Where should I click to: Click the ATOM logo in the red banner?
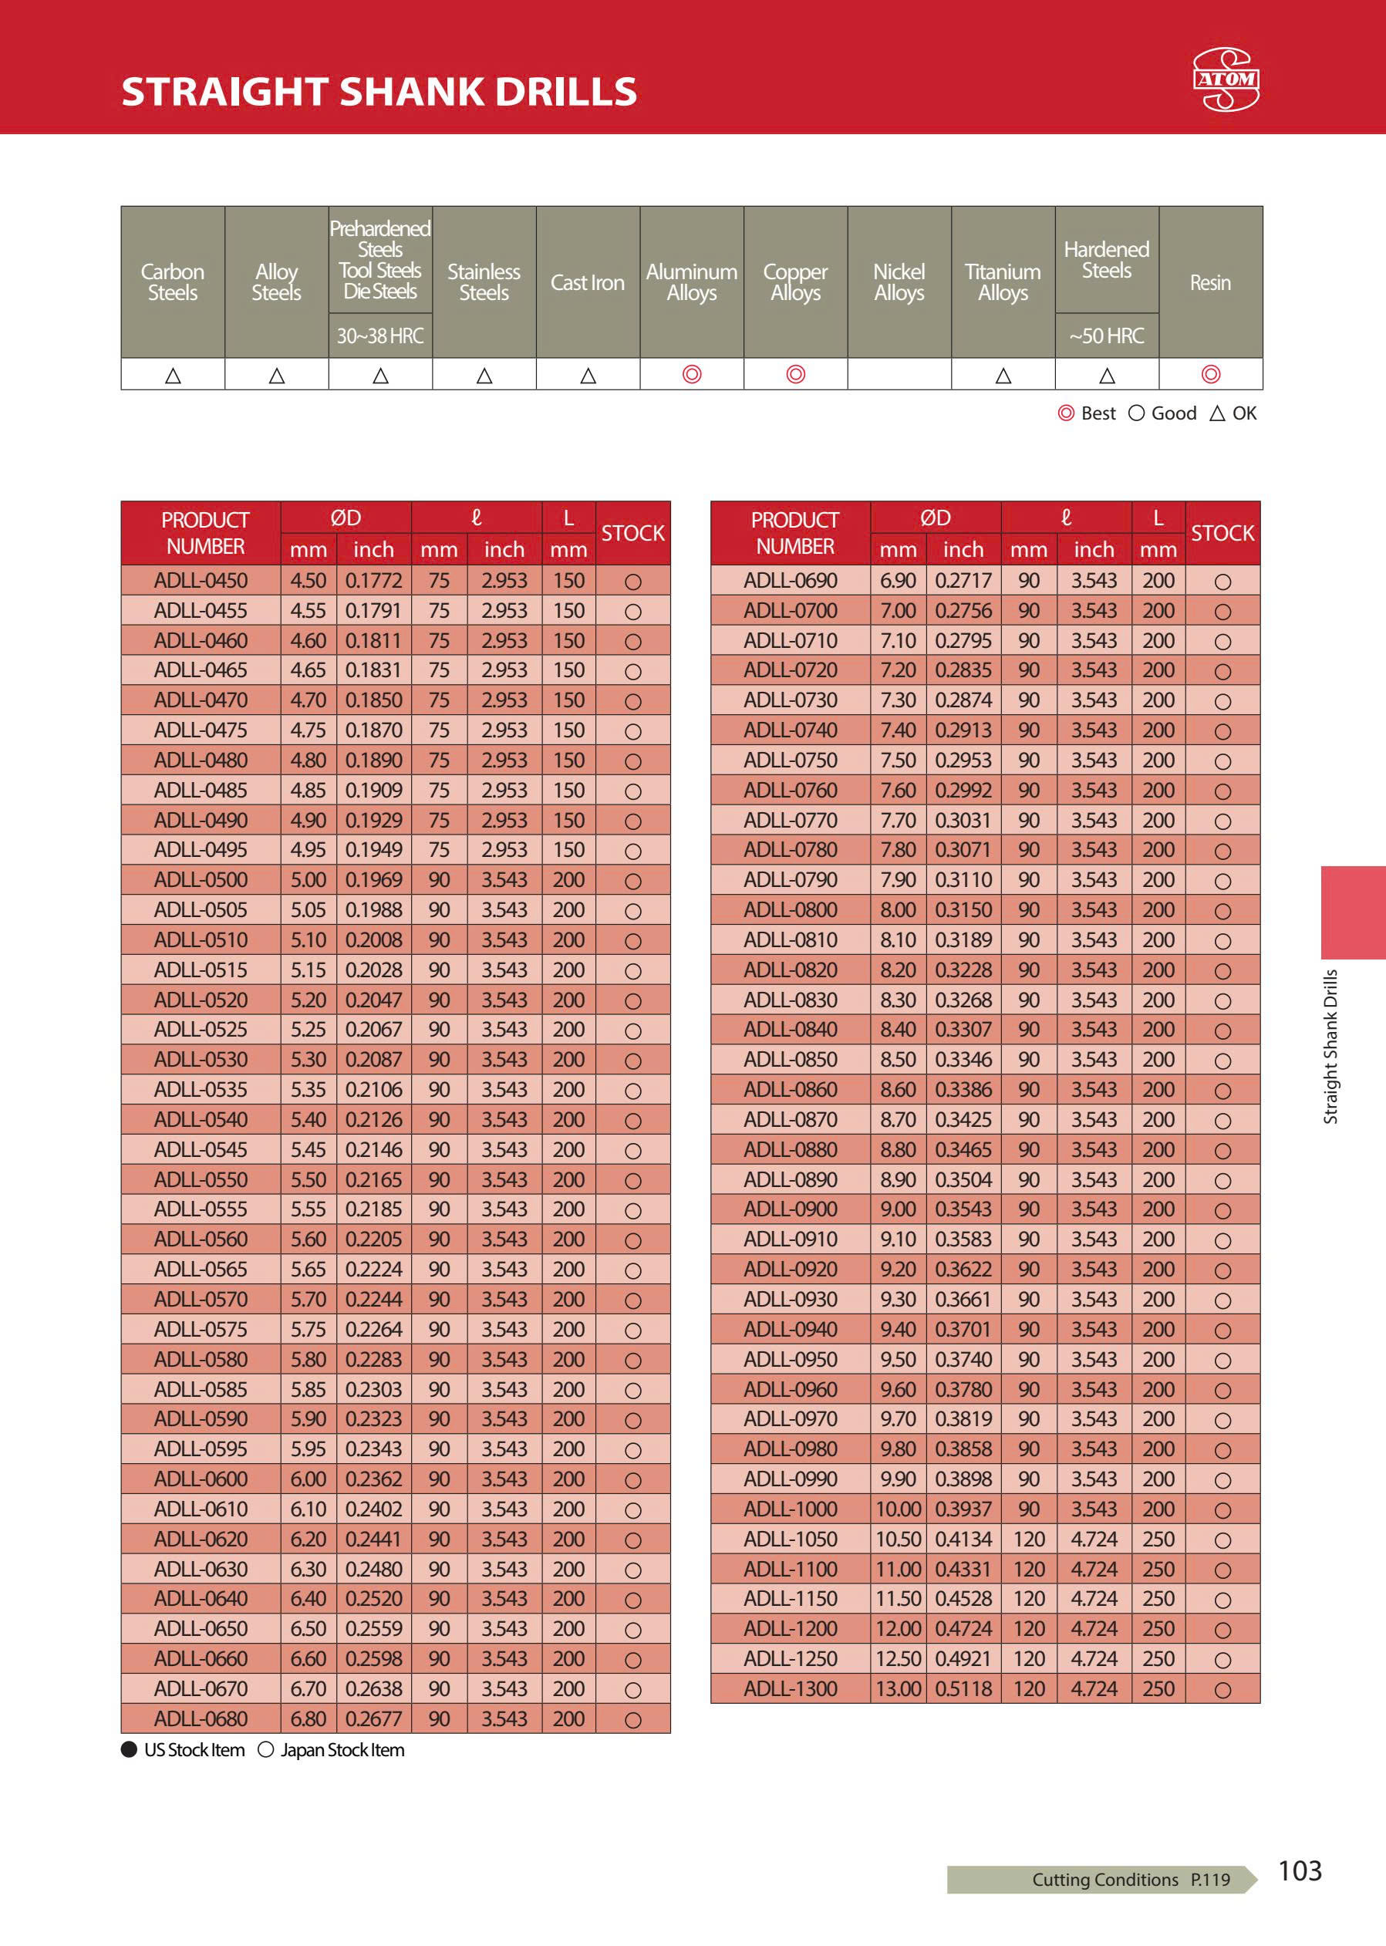click(x=1225, y=79)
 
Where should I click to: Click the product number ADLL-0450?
click(x=201, y=580)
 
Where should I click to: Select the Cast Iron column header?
click(x=587, y=282)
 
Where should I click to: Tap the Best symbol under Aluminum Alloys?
click(x=691, y=374)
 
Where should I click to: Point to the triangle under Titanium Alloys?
click(x=1003, y=375)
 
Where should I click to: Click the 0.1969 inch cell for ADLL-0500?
click(x=373, y=879)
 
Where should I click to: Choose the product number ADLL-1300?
click(x=791, y=1688)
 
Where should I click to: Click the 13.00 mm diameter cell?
click(x=898, y=1688)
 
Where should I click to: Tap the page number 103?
click(x=1299, y=1870)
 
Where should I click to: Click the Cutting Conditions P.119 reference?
click(x=1130, y=1879)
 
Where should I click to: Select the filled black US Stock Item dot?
click(x=130, y=1749)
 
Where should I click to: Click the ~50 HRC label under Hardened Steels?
click(x=1106, y=336)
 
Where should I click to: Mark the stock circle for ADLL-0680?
click(x=632, y=1720)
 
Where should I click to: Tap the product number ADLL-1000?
click(x=791, y=1508)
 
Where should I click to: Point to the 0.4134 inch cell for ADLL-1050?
click(x=963, y=1539)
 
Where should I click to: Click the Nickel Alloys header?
click(x=899, y=282)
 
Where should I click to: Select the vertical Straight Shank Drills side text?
click(x=1330, y=1047)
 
